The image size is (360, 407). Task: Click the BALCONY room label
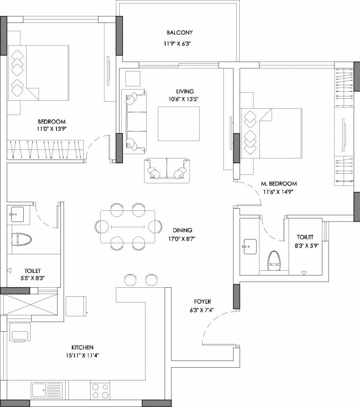(175, 32)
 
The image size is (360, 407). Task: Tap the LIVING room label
(185, 91)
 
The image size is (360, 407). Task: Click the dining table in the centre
(128, 226)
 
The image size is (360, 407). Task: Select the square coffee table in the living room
(179, 123)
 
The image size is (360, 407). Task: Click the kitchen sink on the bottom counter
(47, 390)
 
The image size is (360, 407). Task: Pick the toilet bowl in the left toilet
(22, 239)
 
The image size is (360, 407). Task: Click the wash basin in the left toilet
(16, 215)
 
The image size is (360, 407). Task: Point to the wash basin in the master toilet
(249, 245)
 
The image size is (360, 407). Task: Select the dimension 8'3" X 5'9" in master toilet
(305, 246)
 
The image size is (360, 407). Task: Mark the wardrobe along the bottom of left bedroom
(46, 149)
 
